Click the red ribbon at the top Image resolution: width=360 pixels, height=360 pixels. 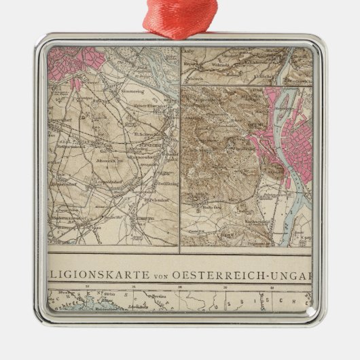point(180,16)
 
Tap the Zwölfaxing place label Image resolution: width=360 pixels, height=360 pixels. point(163,185)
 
